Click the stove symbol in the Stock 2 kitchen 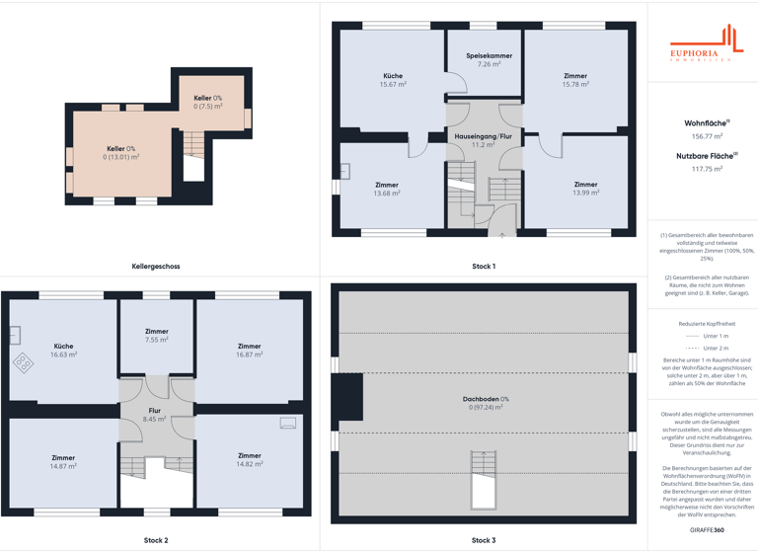pyautogui.click(x=23, y=362)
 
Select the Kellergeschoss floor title pyautogui.click(x=156, y=267)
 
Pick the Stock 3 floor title pyautogui.click(x=484, y=540)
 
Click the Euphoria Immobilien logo pyautogui.click(x=704, y=44)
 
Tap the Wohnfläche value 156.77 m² pyautogui.click(x=707, y=136)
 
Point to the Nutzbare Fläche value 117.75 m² pyautogui.click(x=707, y=169)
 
